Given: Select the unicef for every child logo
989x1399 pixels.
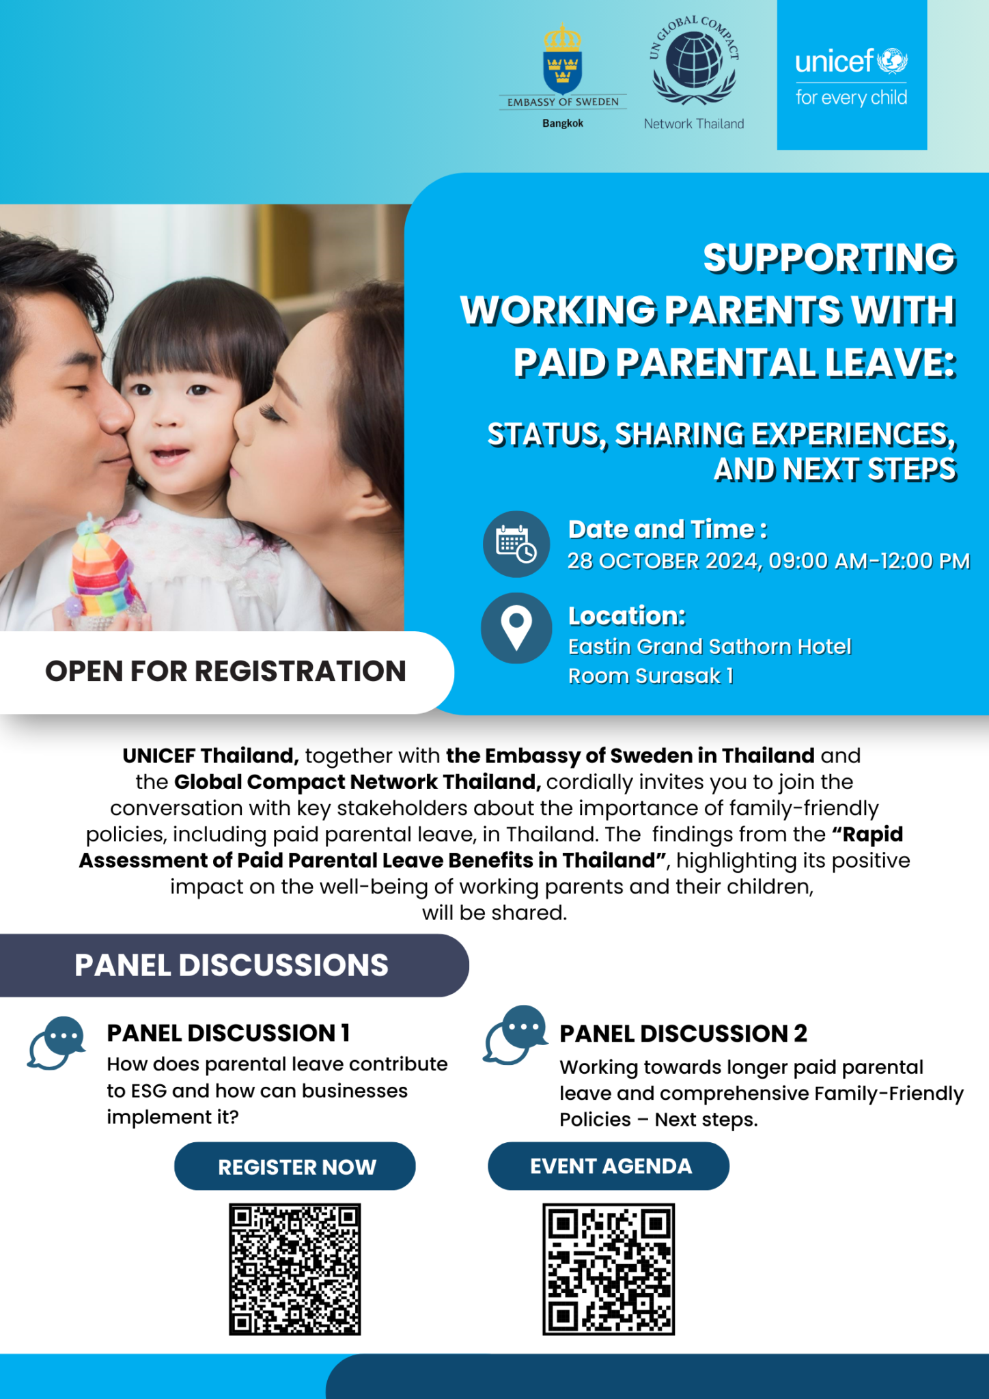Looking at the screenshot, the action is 852,75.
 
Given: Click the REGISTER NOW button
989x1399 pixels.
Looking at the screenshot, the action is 295,1166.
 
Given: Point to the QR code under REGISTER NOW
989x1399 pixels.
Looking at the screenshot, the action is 295,1269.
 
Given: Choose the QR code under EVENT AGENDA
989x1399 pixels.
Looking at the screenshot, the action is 609,1269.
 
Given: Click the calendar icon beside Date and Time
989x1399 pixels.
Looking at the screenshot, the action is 516,544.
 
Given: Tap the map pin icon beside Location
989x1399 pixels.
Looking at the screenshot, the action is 516,628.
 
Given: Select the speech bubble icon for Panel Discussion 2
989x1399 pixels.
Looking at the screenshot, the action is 516,1035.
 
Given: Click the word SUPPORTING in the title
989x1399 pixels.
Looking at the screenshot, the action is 829,258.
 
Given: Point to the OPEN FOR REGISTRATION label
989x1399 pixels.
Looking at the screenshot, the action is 225,671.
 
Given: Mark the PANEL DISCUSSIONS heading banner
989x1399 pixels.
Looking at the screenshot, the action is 234,965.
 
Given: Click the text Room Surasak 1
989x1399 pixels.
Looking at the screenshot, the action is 651,676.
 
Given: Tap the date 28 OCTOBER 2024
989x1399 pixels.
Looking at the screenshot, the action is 663,561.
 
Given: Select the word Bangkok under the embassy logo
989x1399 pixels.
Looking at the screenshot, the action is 563,124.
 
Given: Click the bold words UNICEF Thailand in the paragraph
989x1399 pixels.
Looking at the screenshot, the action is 210,756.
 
